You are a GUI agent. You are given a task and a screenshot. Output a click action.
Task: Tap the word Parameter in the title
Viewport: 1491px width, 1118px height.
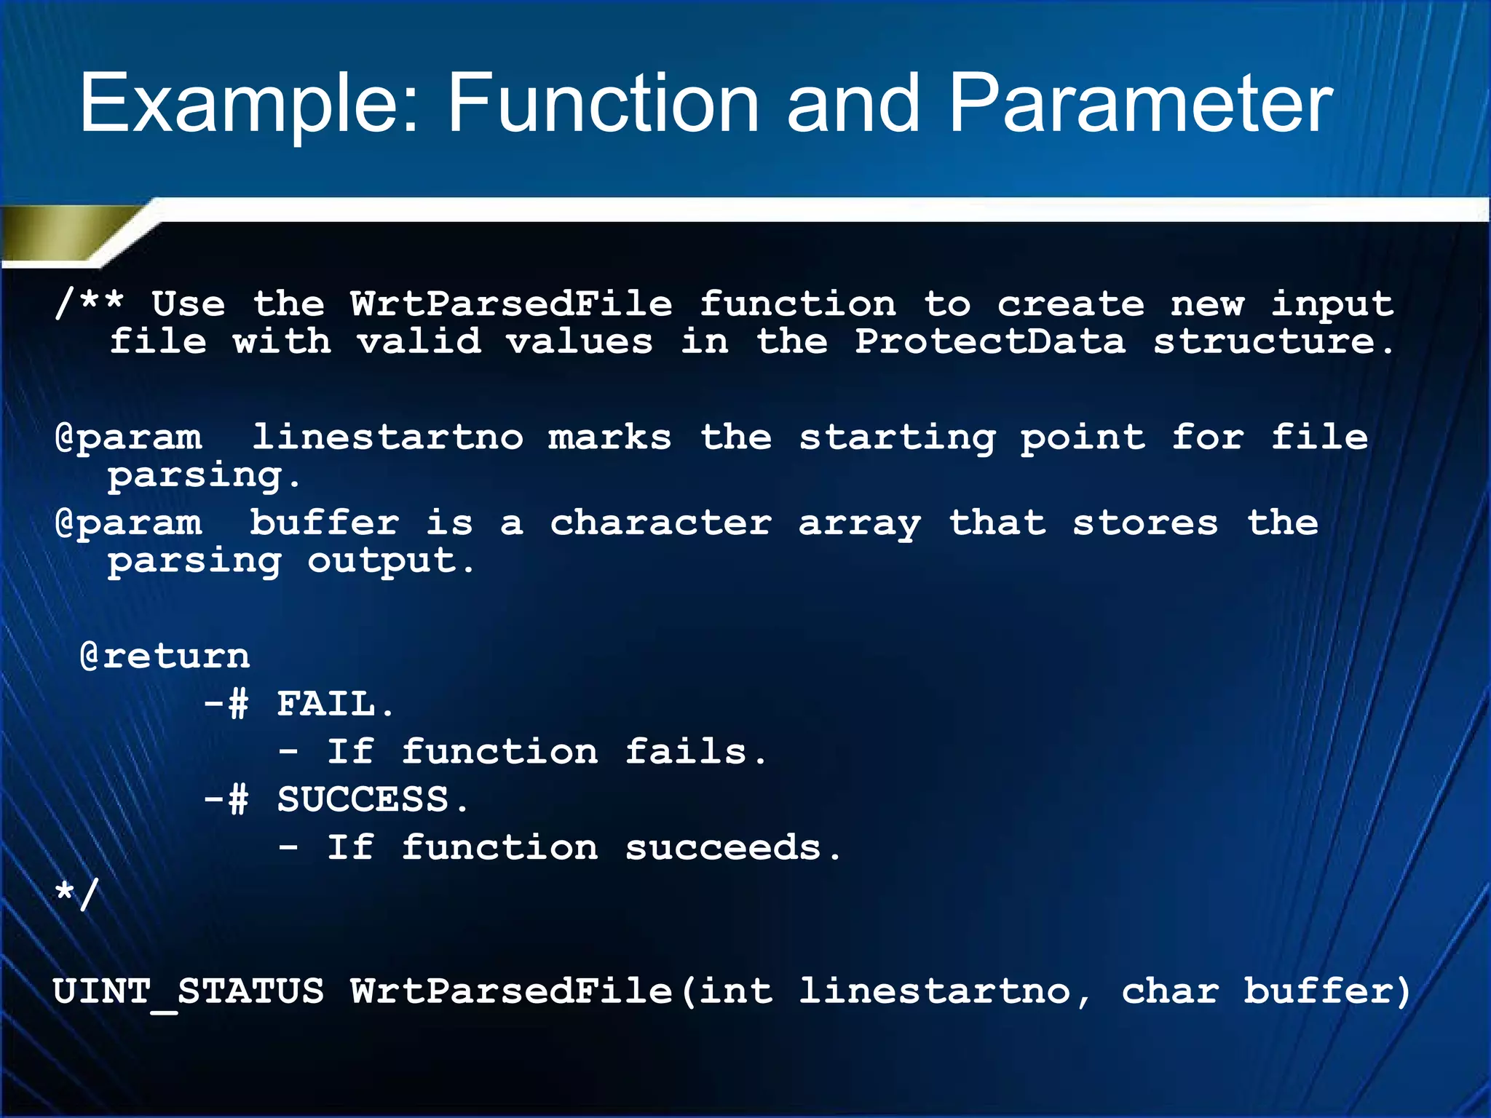[x=1140, y=103]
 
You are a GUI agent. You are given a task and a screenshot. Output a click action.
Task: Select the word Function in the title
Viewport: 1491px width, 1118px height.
[x=604, y=103]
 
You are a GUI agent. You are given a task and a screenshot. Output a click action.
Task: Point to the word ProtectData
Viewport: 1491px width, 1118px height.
[x=989, y=341]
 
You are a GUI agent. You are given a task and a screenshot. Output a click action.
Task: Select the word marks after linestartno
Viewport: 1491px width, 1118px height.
[x=609, y=437]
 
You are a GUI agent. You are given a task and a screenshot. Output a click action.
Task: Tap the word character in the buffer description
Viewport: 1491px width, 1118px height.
[x=660, y=523]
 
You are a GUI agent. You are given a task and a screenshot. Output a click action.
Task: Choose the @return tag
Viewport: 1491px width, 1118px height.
[x=165, y=656]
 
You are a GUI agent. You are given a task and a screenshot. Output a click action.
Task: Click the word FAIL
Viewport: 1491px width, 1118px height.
[x=326, y=704]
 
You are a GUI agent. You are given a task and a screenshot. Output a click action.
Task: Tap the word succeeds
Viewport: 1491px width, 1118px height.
[x=723, y=847]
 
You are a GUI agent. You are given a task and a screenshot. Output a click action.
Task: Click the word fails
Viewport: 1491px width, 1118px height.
[x=686, y=751]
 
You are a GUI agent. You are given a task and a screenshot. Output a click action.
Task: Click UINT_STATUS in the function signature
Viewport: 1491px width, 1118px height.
[x=189, y=991]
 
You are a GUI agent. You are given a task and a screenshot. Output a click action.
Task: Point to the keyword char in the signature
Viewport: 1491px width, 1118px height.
[x=1169, y=991]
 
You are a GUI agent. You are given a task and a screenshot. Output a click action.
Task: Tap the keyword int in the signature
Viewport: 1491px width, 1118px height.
[x=735, y=991]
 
